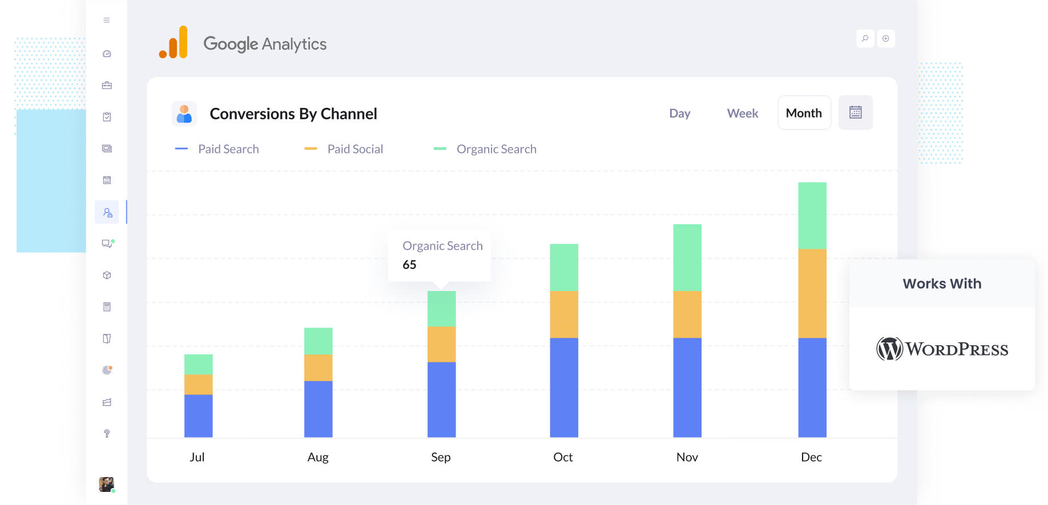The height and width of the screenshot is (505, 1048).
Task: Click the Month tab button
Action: tap(804, 113)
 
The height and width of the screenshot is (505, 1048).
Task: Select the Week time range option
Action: tap(742, 113)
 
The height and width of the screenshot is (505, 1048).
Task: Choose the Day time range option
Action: tap(679, 113)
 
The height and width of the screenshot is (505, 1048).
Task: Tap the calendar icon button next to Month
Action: tap(855, 112)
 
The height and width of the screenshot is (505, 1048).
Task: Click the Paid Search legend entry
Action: tap(228, 149)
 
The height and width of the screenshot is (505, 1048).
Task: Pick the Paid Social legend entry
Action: tap(354, 149)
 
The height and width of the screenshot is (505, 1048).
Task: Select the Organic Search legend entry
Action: tap(495, 149)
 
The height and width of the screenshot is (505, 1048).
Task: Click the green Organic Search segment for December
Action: tap(812, 216)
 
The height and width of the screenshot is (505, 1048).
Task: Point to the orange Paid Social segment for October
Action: tap(563, 314)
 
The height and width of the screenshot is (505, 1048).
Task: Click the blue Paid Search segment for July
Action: tap(198, 415)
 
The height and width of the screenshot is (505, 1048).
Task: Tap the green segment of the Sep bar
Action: tap(441, 309)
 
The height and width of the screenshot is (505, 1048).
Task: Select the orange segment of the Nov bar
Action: tap(687, 314)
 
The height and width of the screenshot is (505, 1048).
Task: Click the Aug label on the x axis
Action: tap(318, 457)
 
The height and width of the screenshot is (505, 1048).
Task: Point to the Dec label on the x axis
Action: tap(811, 457)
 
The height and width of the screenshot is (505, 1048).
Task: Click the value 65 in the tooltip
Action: tap(409, 265)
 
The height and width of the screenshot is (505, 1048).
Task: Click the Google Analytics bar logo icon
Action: tap(174, 43)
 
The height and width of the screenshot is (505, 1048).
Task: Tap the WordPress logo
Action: tap(942, 349)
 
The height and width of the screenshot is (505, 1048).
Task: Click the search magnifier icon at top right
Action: tap(865, 39)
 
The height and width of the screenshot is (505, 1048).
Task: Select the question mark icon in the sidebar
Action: tap(107, 434)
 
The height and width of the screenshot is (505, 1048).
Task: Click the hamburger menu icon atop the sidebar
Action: tap(107, 21)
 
